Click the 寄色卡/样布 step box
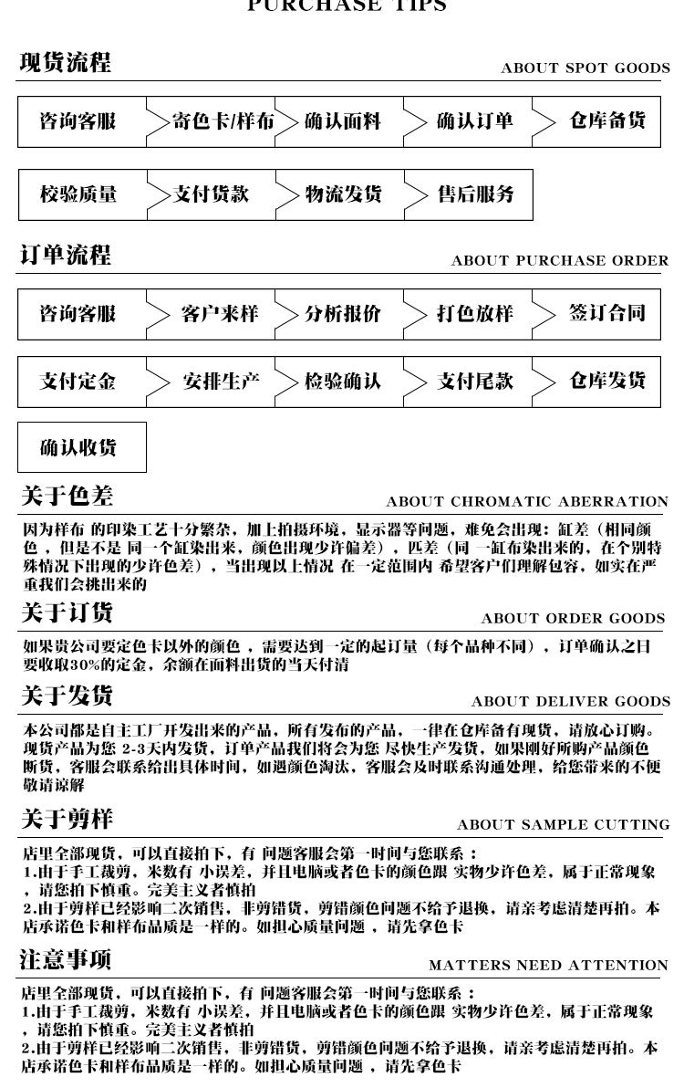(x=223, y=121)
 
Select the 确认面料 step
(x=342, y=121)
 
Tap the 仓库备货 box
(x=607, y=121)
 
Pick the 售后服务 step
(x=475, y=194)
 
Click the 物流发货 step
(x=342, y=194)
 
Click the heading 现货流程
(x=66, y=64)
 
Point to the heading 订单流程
(x=66, y=256)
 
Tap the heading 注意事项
(x=66, y=960)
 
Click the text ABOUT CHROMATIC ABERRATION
(x=527, y=502)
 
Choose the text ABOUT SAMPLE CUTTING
(x=563, y=825)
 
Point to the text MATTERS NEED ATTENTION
(x=548, y=966)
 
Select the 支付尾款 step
(x=474, y=382)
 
